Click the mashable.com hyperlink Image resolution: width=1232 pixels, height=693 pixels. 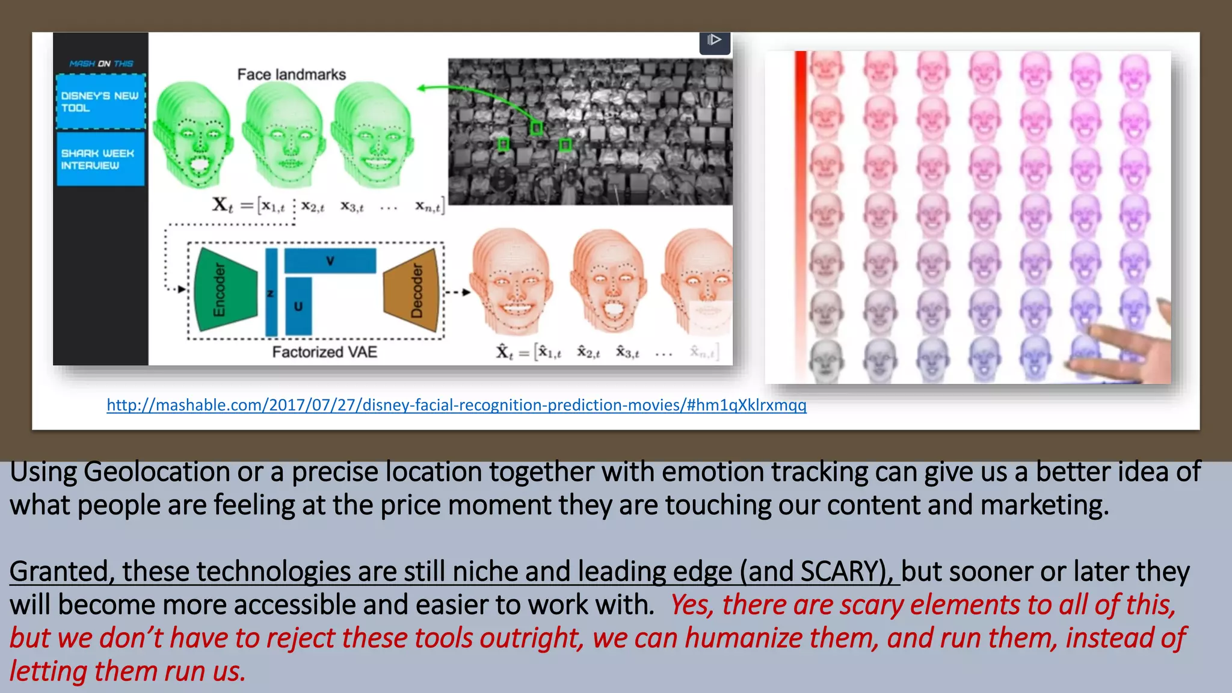[x=456, y=405]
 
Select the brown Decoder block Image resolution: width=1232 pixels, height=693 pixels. [x=413, y=291]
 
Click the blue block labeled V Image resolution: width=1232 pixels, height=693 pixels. [x=330, y=261]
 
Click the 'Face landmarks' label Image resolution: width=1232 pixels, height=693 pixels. [x=292, y=75]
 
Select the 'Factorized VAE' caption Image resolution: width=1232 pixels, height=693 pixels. [x=324, y=352]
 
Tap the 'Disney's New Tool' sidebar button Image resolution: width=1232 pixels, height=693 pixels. [x=100, y=102]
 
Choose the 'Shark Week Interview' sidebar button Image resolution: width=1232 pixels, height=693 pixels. [x=100, y=159]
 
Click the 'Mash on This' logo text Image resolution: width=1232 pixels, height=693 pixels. [x=101, y=63]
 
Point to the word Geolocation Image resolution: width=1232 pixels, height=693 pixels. [x=156, y=472]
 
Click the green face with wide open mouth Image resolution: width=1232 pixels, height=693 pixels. [x=192, y=135]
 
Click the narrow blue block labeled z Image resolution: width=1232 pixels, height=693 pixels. [x=271, y=293]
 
